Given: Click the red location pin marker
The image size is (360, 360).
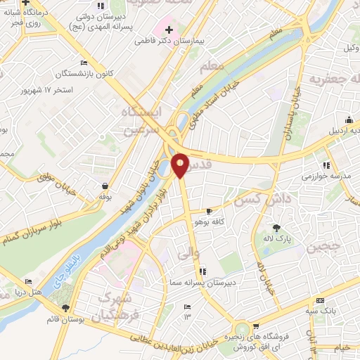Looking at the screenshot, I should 180,165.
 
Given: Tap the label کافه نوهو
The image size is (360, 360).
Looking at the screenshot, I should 210,221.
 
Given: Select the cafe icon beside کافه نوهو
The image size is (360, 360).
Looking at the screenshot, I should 209,211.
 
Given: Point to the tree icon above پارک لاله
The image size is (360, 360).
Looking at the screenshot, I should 276,227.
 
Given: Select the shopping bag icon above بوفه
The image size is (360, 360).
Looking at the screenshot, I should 105,186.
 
